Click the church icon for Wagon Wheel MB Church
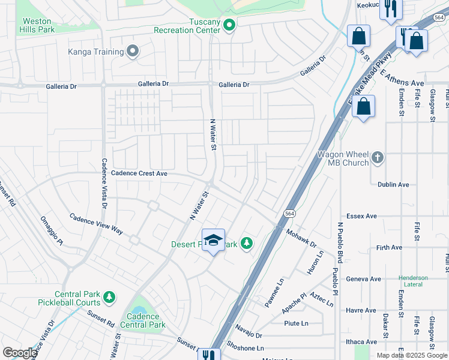pyautogui.click(x=377, y=157)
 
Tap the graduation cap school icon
pyautogui.click(x=213, y=240)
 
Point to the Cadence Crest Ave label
pyautogui.click(x=139, y=173)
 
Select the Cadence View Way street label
pyautogui.click(x=96, y=224)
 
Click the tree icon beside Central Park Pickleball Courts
pyautogui.click(x=109, y=297)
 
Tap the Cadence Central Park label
pyautogui.click(x=143, y=320)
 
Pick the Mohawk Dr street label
pyautogui.click(x=301, y=238)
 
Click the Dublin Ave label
pyautogui.click(x=393, y=185)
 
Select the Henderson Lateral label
pyautogui.click(x=413, y=282)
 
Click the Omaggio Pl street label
pyautogui.click(x=51, y=231)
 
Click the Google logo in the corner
pyautogui.click(x=20, y=353)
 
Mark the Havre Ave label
pyautogui.click(x=360, y=310)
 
